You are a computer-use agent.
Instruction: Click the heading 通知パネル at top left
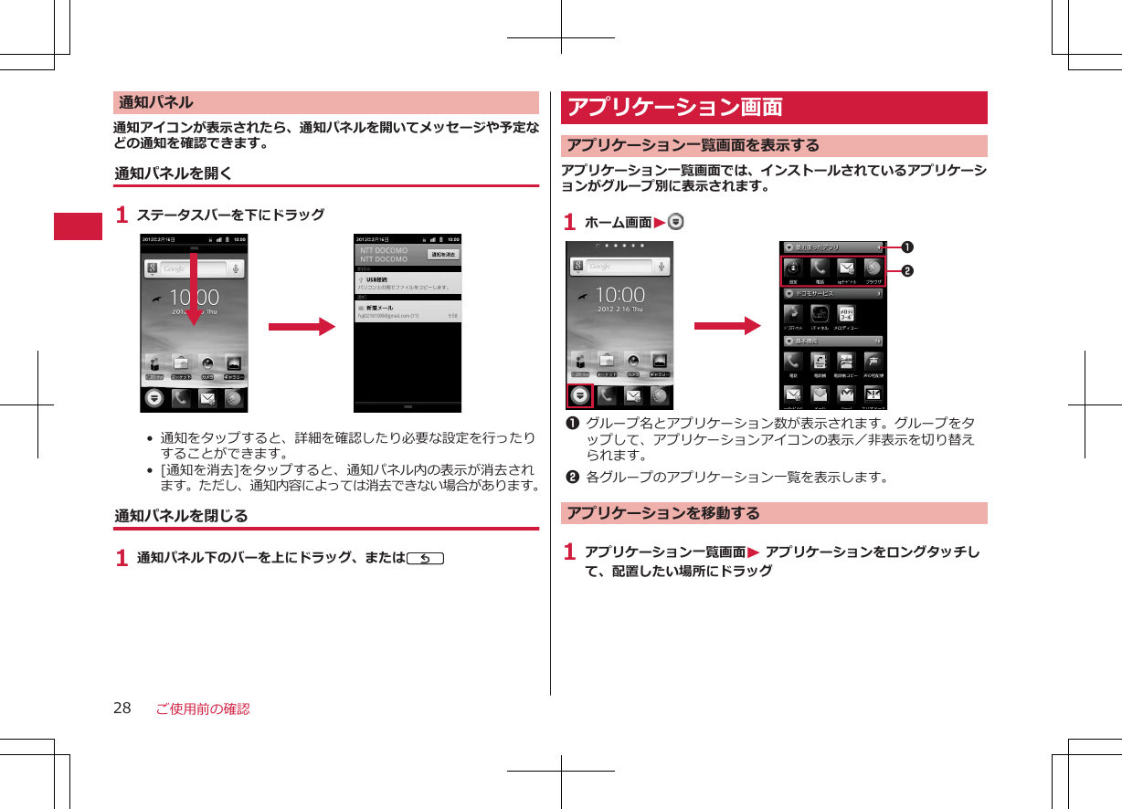pyautogui.click(x=154, y=102)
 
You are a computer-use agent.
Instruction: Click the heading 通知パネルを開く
pyautogui.click(x=174, y=173)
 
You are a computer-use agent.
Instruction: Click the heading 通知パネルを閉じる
pyautogui.click(x=181, y=516)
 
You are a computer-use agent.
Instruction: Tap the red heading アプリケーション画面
pyautogui.click(x=675, y=108)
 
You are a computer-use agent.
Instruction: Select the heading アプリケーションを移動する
pyautogui.click(x=663, y=513)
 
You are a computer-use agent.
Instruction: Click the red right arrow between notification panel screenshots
pyautogui.click(x=302, y=327)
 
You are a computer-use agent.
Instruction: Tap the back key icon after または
pyautogui.click(x=427, y=558)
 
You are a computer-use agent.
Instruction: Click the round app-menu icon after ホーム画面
pyautogui.click(x=676, y=222)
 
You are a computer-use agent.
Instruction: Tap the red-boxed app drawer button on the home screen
pyautogui.click(x=579, y=396)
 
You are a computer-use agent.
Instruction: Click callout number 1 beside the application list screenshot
pyautogui.click(x=907, y=247)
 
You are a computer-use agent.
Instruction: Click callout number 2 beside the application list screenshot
pyautogui.click(x=907, y=271)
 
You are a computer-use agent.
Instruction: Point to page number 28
pyautogui.click(x=122, y=709)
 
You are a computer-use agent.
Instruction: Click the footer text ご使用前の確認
pyautogui.click(x=202, y=709)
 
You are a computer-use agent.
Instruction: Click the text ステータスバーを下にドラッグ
pyautogui.click(x=230, y=215)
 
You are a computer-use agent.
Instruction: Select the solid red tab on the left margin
pyautogui.click(x=78, y=226)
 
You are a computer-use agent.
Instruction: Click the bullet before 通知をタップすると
pyautogui.click(x=149, y=438)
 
